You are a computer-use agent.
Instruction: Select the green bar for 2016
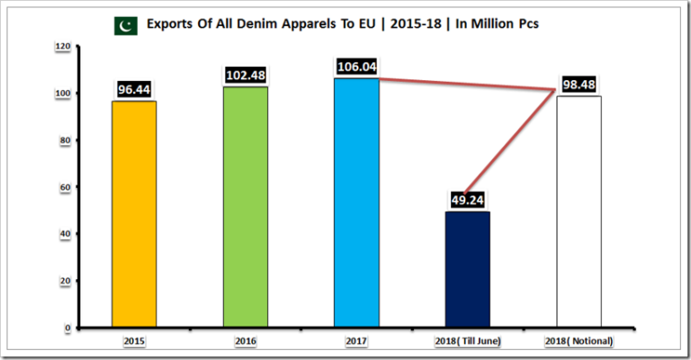click(245, 207)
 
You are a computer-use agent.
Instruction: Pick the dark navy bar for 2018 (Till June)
click(467, 269)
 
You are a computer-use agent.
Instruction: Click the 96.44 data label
click(134, 90)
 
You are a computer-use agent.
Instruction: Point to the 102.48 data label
click(245, 76)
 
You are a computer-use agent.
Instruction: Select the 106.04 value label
click(356, 67)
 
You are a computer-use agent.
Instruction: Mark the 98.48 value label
click(579, 85)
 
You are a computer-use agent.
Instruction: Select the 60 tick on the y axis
click(63, 187)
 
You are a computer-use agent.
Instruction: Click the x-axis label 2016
click(245, 341)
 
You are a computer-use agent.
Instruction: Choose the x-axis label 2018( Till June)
click(467, 341)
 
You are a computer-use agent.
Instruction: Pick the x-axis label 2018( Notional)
click(579, 341)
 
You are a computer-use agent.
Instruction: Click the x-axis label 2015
click(134, 341)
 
